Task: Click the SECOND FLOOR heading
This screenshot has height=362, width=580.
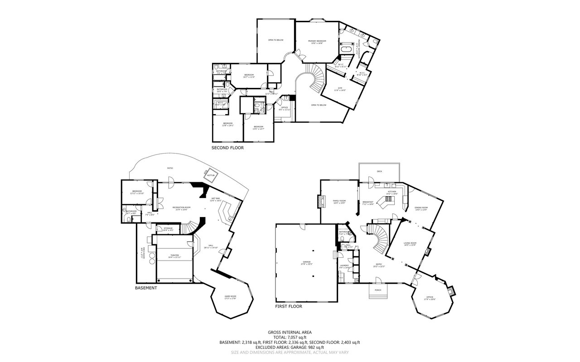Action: pyautogui.click(x=227, y=148)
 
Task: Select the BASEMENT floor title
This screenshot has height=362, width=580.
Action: pyautogui.click(x=146, y=288)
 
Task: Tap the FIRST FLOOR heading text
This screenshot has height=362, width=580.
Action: pyautogui.click(x=289, y=306)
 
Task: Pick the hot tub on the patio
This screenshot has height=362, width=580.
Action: pyautogui.click(x=211, y=176)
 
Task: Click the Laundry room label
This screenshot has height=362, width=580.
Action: pyautogui.click(x=344, y=266)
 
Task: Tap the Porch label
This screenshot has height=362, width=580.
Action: pyautogui.click(x=378, y=290)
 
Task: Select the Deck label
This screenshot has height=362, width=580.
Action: pyautogui.click(x=379, y=172)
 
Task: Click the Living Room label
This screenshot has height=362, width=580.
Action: pyautogui.click(x=410, y=244)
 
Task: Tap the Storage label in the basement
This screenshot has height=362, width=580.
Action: pyautogui.click(x=168, y=229)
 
